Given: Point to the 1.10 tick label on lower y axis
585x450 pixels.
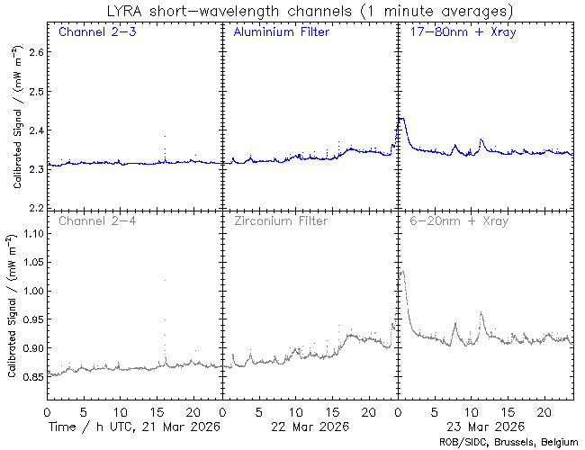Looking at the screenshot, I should point(29,234).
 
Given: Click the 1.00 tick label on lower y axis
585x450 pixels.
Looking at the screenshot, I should point(29,292).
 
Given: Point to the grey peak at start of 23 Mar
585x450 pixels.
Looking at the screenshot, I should point(401,271).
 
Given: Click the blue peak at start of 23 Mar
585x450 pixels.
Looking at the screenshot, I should point(401,119).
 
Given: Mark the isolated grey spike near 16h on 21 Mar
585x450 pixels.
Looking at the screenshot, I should point(165,280).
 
